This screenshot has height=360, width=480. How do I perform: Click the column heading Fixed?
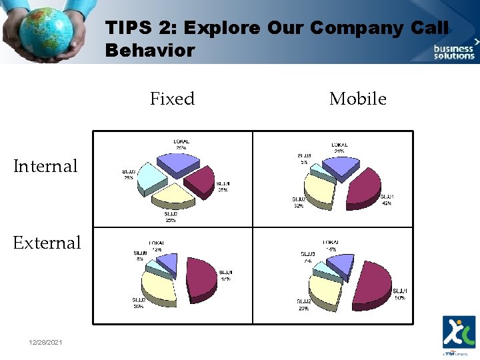[172, 99]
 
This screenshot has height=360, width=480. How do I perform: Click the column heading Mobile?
[357, 99]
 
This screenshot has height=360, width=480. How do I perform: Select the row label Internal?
[45, 166]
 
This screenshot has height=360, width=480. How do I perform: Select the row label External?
[47, 243]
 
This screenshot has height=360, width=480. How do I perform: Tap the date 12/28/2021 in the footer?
[46, 342]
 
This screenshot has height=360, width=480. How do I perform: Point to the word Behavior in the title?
[150, 51]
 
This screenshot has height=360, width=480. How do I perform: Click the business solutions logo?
[454, 51]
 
